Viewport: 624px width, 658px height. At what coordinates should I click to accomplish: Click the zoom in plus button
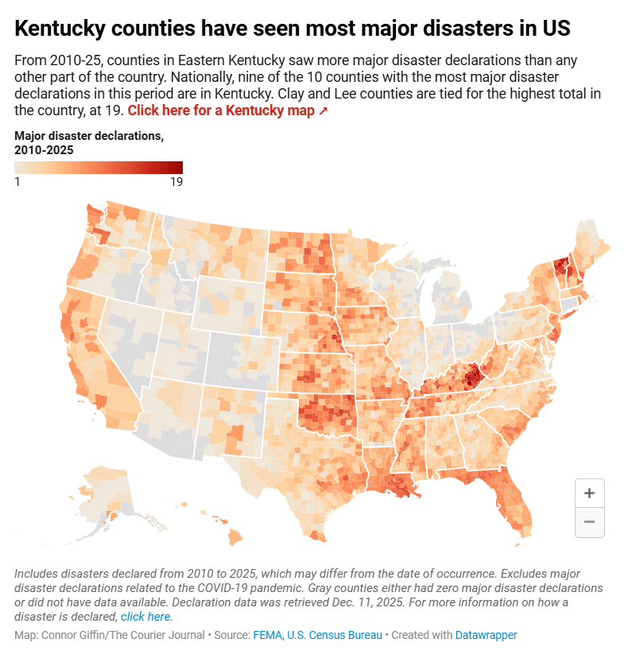589,493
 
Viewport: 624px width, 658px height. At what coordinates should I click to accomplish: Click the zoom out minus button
589,522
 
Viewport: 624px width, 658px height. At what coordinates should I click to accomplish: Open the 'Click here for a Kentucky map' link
227,110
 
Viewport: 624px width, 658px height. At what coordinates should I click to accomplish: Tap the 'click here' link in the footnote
145,616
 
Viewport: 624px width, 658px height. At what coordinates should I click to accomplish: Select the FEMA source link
268,635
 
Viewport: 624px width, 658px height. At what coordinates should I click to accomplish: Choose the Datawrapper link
486,635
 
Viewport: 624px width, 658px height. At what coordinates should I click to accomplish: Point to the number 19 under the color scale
176,182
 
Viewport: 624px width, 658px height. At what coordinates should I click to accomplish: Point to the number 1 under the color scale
17,182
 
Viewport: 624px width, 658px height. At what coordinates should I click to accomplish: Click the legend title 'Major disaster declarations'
89,136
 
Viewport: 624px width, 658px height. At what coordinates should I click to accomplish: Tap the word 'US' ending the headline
554,29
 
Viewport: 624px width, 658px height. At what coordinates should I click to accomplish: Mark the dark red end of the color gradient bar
178,167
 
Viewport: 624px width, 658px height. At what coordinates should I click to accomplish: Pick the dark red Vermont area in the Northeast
560,265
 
